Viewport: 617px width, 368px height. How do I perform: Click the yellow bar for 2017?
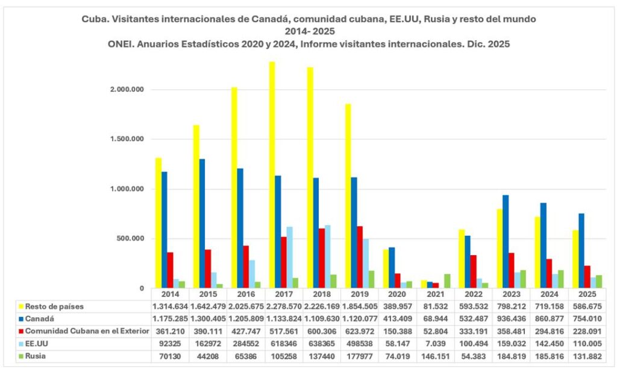click(272, 175)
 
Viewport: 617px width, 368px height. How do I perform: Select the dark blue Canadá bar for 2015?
click(201, 223)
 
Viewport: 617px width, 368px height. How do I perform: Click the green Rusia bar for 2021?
click(447, 281)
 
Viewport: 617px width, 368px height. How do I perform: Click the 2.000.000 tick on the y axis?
click(127, 90)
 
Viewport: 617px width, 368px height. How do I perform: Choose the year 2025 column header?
click(587, 293)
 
